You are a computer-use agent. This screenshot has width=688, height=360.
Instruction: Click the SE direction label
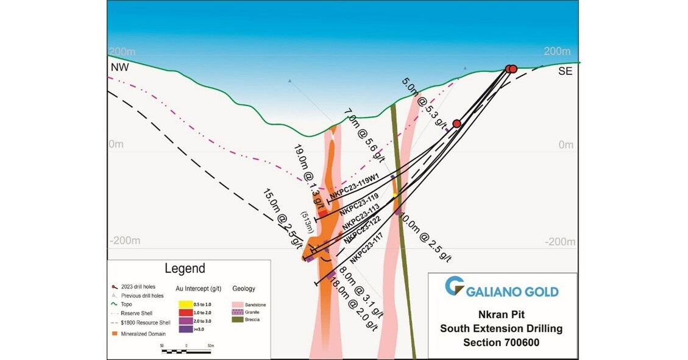566,71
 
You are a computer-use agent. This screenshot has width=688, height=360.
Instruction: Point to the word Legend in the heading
185,269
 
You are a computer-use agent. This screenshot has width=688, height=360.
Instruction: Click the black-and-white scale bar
186,350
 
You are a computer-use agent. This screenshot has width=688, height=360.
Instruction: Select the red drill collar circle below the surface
456,124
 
